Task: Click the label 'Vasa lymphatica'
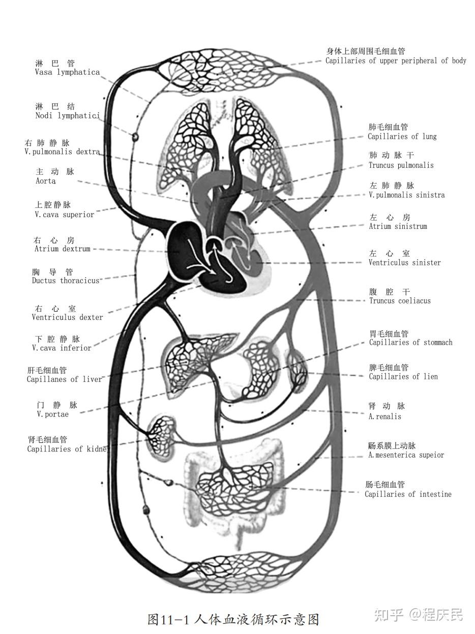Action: pos(67,72)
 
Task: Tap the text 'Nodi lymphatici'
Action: pos(67,115)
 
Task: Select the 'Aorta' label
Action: pos(46,181)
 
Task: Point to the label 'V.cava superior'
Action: pos(65,215)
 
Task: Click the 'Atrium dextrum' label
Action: pos(63,249)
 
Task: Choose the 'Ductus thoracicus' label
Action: pos(66,281)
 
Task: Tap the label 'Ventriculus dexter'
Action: pos(67,317)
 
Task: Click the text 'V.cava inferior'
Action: pos(62,348)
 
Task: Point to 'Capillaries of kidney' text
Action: pos(68,449)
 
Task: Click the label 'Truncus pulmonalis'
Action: pos(401,165)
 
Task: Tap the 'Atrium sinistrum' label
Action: pos(398,226)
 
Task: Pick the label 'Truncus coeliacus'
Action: pos(400,300)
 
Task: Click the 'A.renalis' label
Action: pos(384,416)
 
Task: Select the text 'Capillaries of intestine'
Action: pos(408,494)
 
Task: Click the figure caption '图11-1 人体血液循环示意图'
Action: pos(233,619)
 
